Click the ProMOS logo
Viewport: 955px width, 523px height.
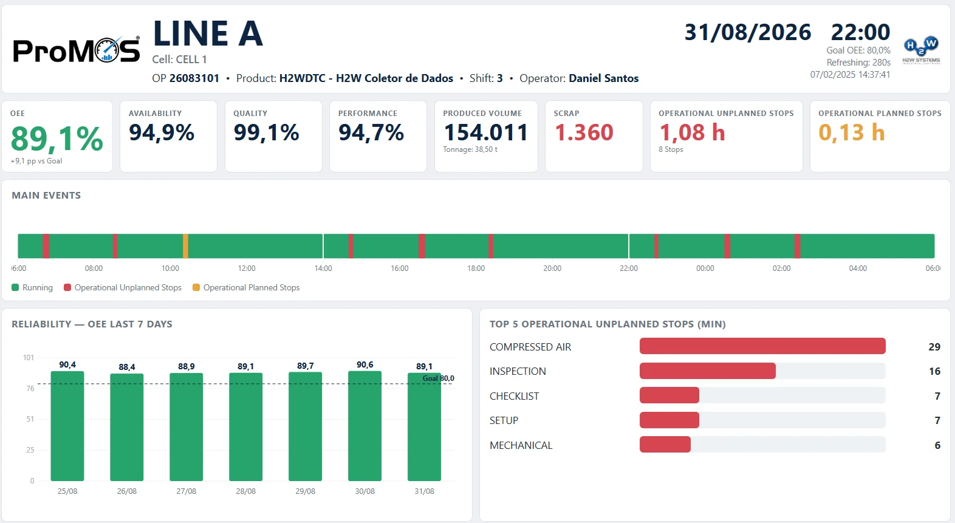coord(77,50)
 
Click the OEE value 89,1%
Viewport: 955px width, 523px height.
coord(56,138)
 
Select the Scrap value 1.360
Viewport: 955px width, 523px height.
coord(584,132)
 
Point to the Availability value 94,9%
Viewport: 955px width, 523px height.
coord(162,132)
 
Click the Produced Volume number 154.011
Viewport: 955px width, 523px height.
coord(485,132)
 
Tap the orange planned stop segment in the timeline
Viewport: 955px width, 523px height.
coord(185,246)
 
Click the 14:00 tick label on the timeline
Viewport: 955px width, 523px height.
coord(323,268)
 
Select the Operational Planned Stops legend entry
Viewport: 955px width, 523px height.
coord(247,287)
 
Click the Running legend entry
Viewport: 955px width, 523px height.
coord(32,287)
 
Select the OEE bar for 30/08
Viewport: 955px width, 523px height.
coord(365,426)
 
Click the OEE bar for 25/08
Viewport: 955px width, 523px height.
coord(67,426)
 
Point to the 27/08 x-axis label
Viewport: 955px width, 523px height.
coord(187,491)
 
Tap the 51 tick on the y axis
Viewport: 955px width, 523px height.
coord(30,419)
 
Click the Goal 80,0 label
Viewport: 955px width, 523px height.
coord(438,378)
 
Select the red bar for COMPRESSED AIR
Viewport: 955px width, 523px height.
coord(762,346)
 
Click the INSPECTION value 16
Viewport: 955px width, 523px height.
coord(934,371)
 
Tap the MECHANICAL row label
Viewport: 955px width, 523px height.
coord(521,445)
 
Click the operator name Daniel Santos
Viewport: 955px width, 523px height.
coord(604,78)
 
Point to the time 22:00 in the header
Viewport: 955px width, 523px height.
coord(860,32)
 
